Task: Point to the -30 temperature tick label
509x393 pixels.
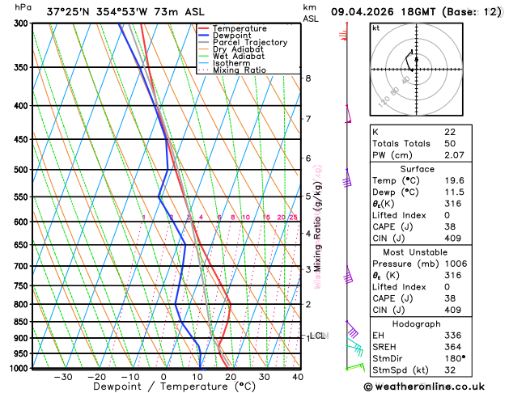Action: pyautogui.click(x=62, y=377)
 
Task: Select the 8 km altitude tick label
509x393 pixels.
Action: pyautogui.click(x=308, y=78)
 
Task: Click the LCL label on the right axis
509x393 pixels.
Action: pyautogui.click(x=318, y=335)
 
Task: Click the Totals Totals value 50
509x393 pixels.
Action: pyautogui.click(x=450, y=142)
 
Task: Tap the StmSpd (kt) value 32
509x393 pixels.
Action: pyautogui.click(x=450, y=370)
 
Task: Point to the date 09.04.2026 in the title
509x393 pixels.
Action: pyautogui.click(x=366, y=11)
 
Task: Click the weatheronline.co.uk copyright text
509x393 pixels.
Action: pyautogui.click(x=439, y=385)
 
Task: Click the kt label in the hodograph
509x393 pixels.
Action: pyautogui.click(x=375, y=27)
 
